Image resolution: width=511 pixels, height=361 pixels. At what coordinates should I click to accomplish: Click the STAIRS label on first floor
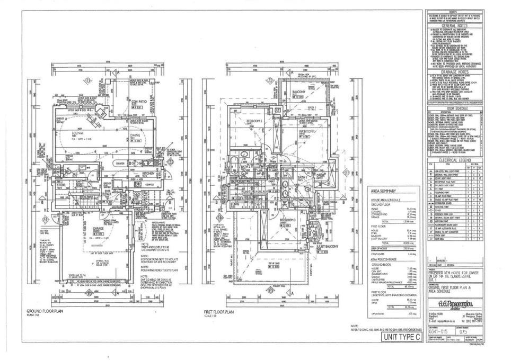coord(236,203)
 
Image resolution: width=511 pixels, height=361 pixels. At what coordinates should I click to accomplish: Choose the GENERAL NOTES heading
coord(452,25)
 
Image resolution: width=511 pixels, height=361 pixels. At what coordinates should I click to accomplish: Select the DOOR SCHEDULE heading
coord(452,107)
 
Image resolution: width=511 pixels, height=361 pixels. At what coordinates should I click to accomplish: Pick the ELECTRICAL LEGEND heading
coord(452,159)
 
